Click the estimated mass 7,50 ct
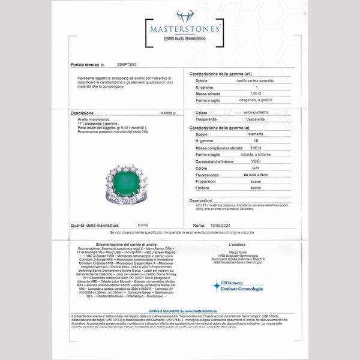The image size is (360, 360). tap(256, 94)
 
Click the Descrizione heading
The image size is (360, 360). tap(82, 113)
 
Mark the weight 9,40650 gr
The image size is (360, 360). tap(170, 113)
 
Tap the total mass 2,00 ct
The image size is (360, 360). tap(256, 148)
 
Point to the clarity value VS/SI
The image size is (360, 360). tap(256, 161)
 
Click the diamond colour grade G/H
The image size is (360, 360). tap(256, 168)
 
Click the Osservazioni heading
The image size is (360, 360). tap(201, 200)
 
